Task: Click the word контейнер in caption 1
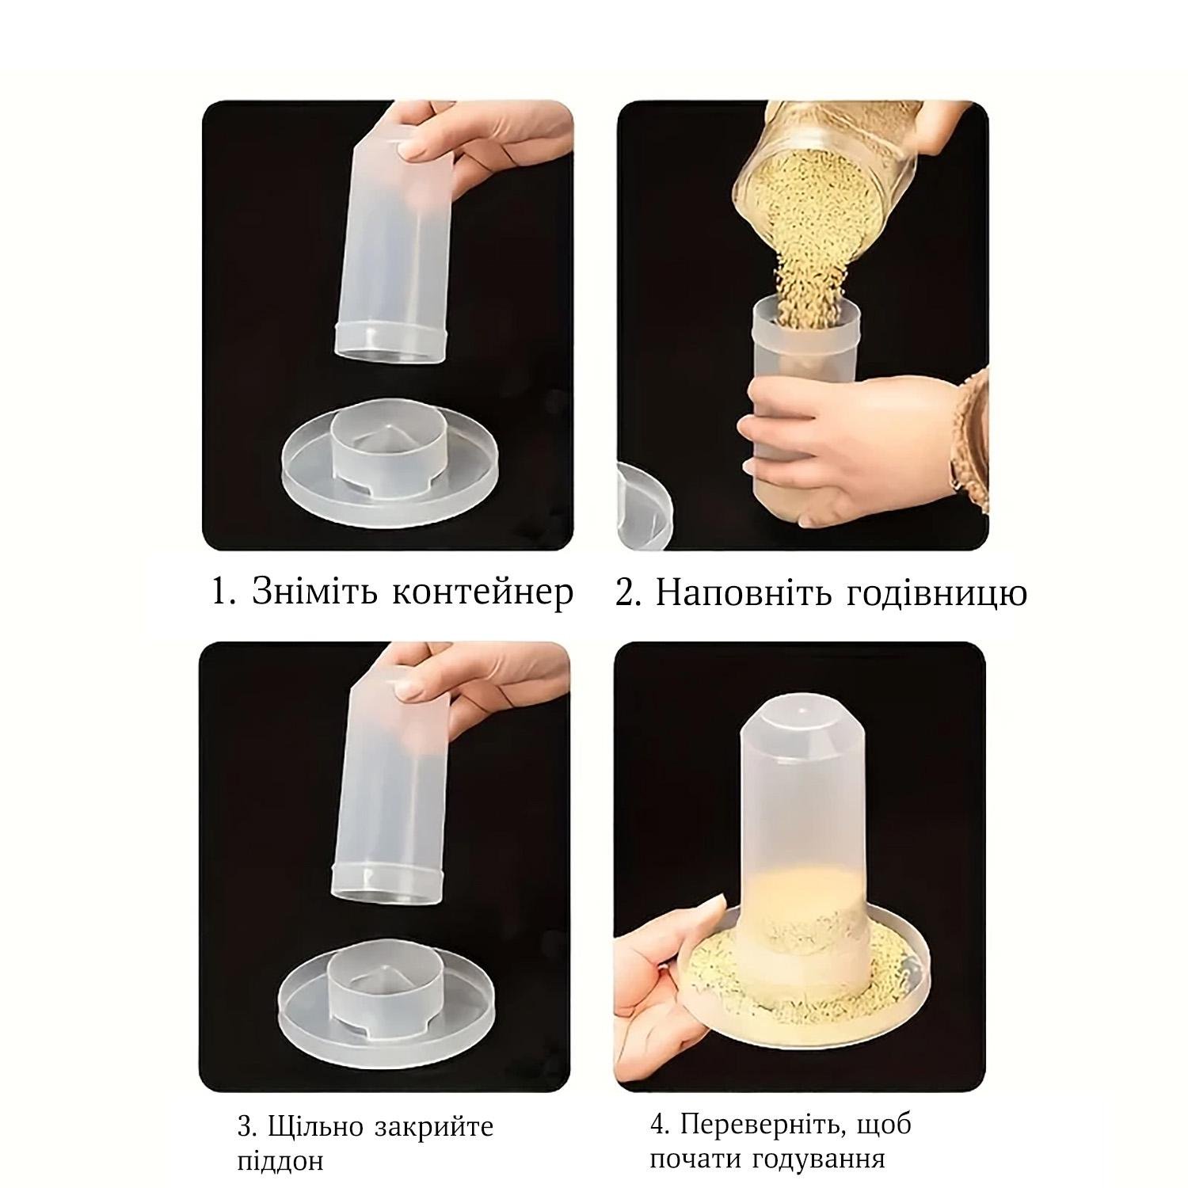(482, 593)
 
